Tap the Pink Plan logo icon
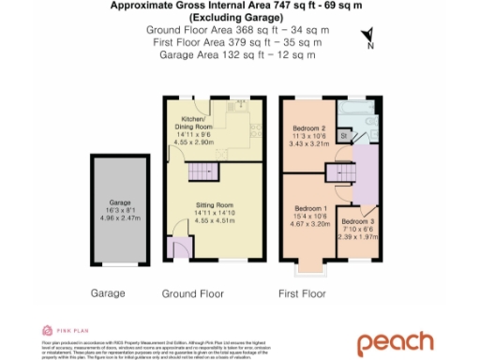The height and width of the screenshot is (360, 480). click(47, 330)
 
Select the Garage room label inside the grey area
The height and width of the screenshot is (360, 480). click(118, 207)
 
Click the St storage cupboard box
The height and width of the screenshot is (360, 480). click(344, 136)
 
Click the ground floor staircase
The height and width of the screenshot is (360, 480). click(202, 172)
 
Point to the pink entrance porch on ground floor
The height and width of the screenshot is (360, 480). click(176, 248)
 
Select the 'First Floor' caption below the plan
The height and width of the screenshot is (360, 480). click(302, 293)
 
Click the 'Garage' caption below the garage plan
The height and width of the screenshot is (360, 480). click(108, 293)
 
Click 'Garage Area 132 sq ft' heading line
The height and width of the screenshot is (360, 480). click(237, 55)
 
